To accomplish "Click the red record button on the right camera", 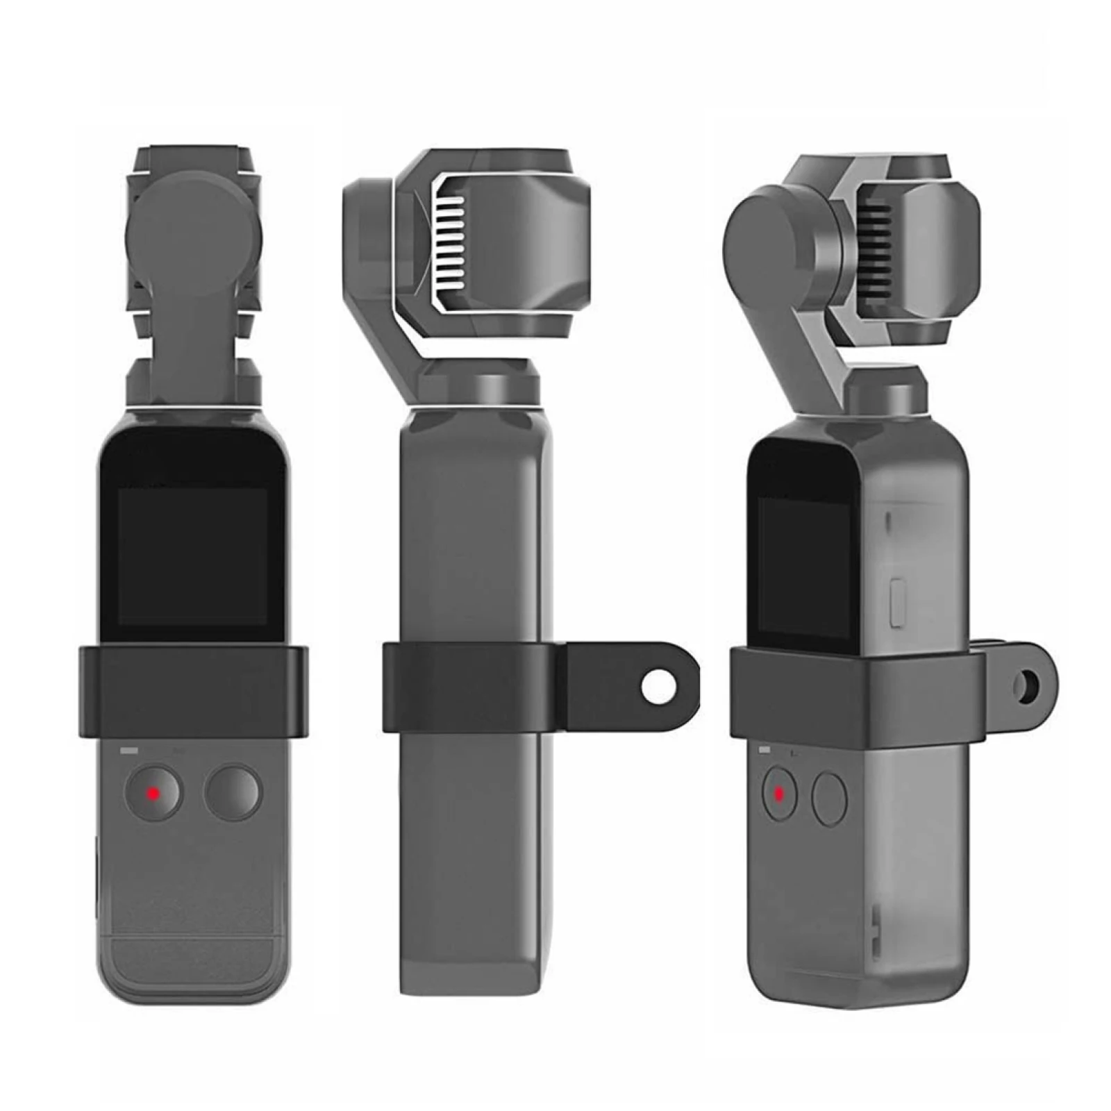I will click(x=779, y=793).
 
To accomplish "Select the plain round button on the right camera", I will click(x=830, y=800).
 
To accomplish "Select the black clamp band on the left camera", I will click(x=192, y=687).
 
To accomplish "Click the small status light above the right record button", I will click(x=765, y=750).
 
